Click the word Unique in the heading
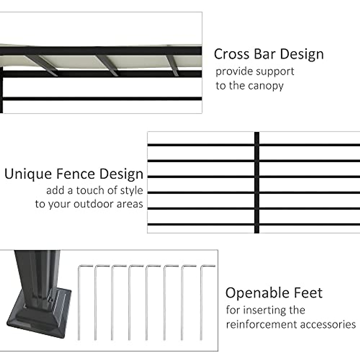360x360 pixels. [x=28, y=174]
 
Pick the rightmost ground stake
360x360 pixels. [x=202, y=303]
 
